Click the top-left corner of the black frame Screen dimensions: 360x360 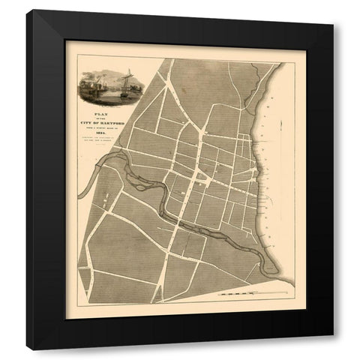pyautogui.click(x=27, y=11)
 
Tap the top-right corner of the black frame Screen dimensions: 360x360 pyautogui.click(x=332, y=11)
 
